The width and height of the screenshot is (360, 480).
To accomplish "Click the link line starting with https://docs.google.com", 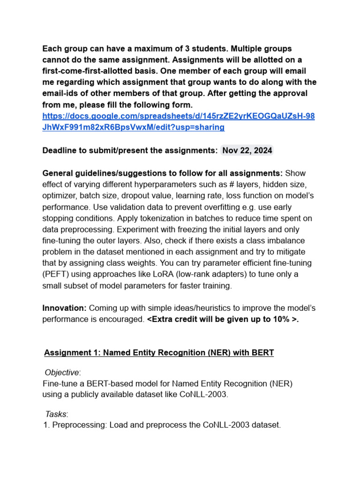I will pos(178,116).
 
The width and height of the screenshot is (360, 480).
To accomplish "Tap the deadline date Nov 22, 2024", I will pos(247,150).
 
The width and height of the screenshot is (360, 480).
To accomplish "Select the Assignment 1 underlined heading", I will pos(159,352).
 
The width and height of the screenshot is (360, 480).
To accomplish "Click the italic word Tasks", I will pos(56,414).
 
